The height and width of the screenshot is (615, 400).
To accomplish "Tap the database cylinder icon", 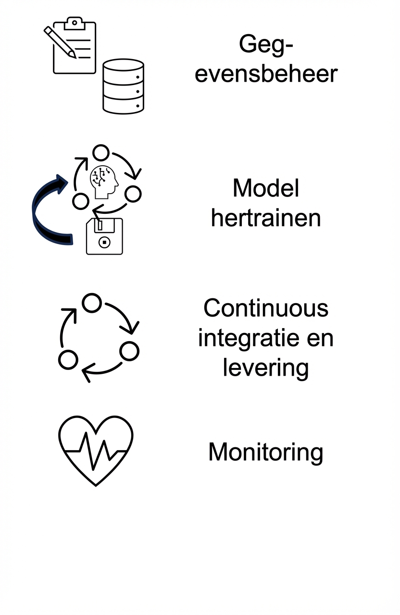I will pos(124,86).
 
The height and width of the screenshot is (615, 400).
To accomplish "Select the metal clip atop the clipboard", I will pos(74,22).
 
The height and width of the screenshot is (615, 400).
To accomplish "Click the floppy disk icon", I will pos(104,235).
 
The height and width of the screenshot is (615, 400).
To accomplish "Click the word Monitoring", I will pos(265,452).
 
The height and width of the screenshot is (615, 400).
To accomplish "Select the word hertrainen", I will pos(266,219).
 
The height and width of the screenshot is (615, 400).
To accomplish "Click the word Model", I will pos(266,188).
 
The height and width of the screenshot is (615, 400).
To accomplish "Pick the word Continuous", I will pos(266,307).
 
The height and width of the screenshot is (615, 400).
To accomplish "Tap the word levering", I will pos(265,368).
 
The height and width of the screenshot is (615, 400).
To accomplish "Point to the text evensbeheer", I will pos(266,74).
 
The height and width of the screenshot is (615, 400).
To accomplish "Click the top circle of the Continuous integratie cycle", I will pos(92,303).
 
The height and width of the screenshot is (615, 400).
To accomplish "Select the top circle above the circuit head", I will pos(101,153).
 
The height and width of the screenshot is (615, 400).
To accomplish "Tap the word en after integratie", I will pos(319,338).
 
